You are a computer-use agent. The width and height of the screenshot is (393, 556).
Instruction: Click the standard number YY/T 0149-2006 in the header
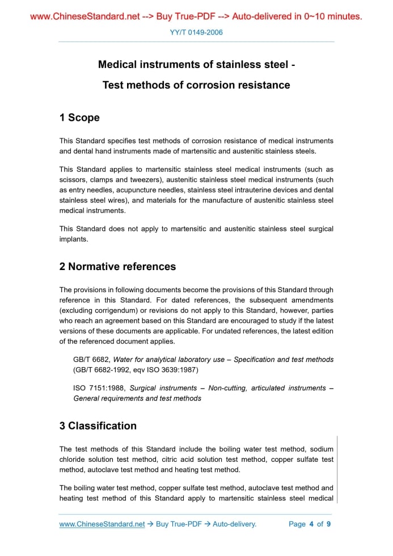tap(196, 32)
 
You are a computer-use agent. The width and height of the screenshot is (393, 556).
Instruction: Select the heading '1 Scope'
tap(79, 118)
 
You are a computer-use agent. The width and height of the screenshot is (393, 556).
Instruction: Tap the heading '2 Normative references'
tap(117, 267)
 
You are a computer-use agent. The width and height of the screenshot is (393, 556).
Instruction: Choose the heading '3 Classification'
tap(98, 426)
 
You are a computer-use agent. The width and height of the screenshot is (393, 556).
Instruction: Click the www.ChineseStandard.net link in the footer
tap(102, 524)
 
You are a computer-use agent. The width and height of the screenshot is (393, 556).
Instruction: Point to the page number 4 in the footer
tap(311, 524)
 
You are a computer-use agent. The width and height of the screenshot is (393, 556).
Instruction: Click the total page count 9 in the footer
tap(328, 524)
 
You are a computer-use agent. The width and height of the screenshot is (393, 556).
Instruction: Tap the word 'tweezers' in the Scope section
tap(137, 180)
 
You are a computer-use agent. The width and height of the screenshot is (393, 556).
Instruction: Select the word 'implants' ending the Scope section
tap(74, 239)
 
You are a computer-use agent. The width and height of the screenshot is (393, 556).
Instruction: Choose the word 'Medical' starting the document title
tap(117, 65)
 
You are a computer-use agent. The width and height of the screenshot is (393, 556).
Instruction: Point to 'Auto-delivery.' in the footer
tap(234, 524)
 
